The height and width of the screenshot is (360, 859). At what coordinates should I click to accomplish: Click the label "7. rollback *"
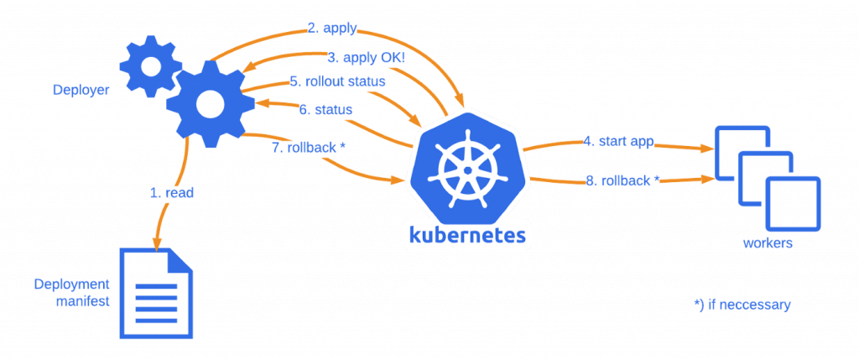click(316, 145)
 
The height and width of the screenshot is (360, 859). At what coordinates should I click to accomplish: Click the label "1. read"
click(174, 193)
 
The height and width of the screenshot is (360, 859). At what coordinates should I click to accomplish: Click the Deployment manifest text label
click(72, 292)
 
